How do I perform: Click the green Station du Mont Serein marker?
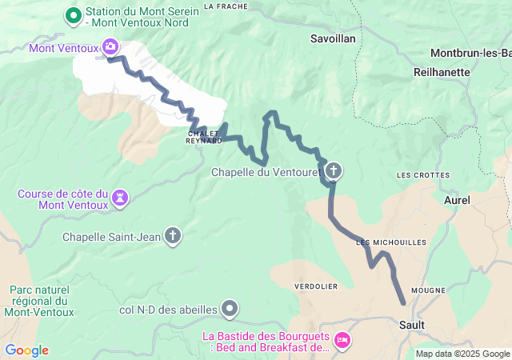[73, 15]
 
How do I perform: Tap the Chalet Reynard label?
[205, 137]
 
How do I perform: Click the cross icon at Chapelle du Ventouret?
[333, 170]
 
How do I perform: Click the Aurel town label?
[457, 199]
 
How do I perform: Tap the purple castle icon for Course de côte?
[120, 197]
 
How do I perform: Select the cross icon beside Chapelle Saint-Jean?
[173, 236]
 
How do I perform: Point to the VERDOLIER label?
[316, 286]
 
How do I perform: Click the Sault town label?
[411, 325]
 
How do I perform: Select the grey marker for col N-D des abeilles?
[230, 307]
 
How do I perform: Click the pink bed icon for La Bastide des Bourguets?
[342, 341]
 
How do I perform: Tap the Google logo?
[26, 350]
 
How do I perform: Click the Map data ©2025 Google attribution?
[462, 354]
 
